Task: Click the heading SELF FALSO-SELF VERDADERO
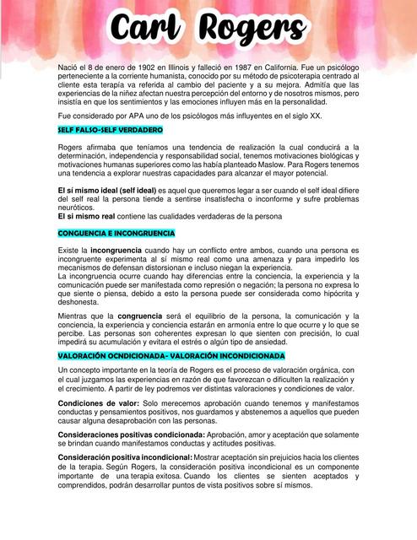pyautogui.click(x=110, y=131)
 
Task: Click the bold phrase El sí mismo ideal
pyautogui.click(x=89, y=191)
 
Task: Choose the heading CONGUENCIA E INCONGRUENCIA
pyautogui.click(x=116, y=233)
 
